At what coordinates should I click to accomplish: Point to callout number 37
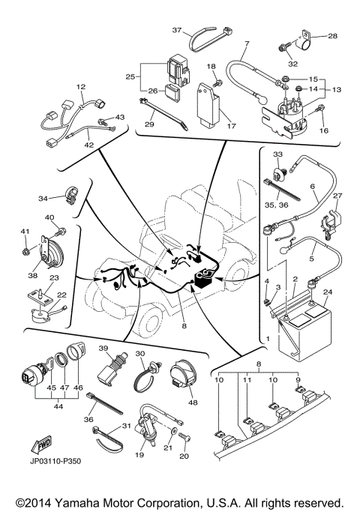coord(177,31)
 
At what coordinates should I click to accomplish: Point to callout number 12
coord(81,87)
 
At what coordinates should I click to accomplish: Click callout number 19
coord(140,455)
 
